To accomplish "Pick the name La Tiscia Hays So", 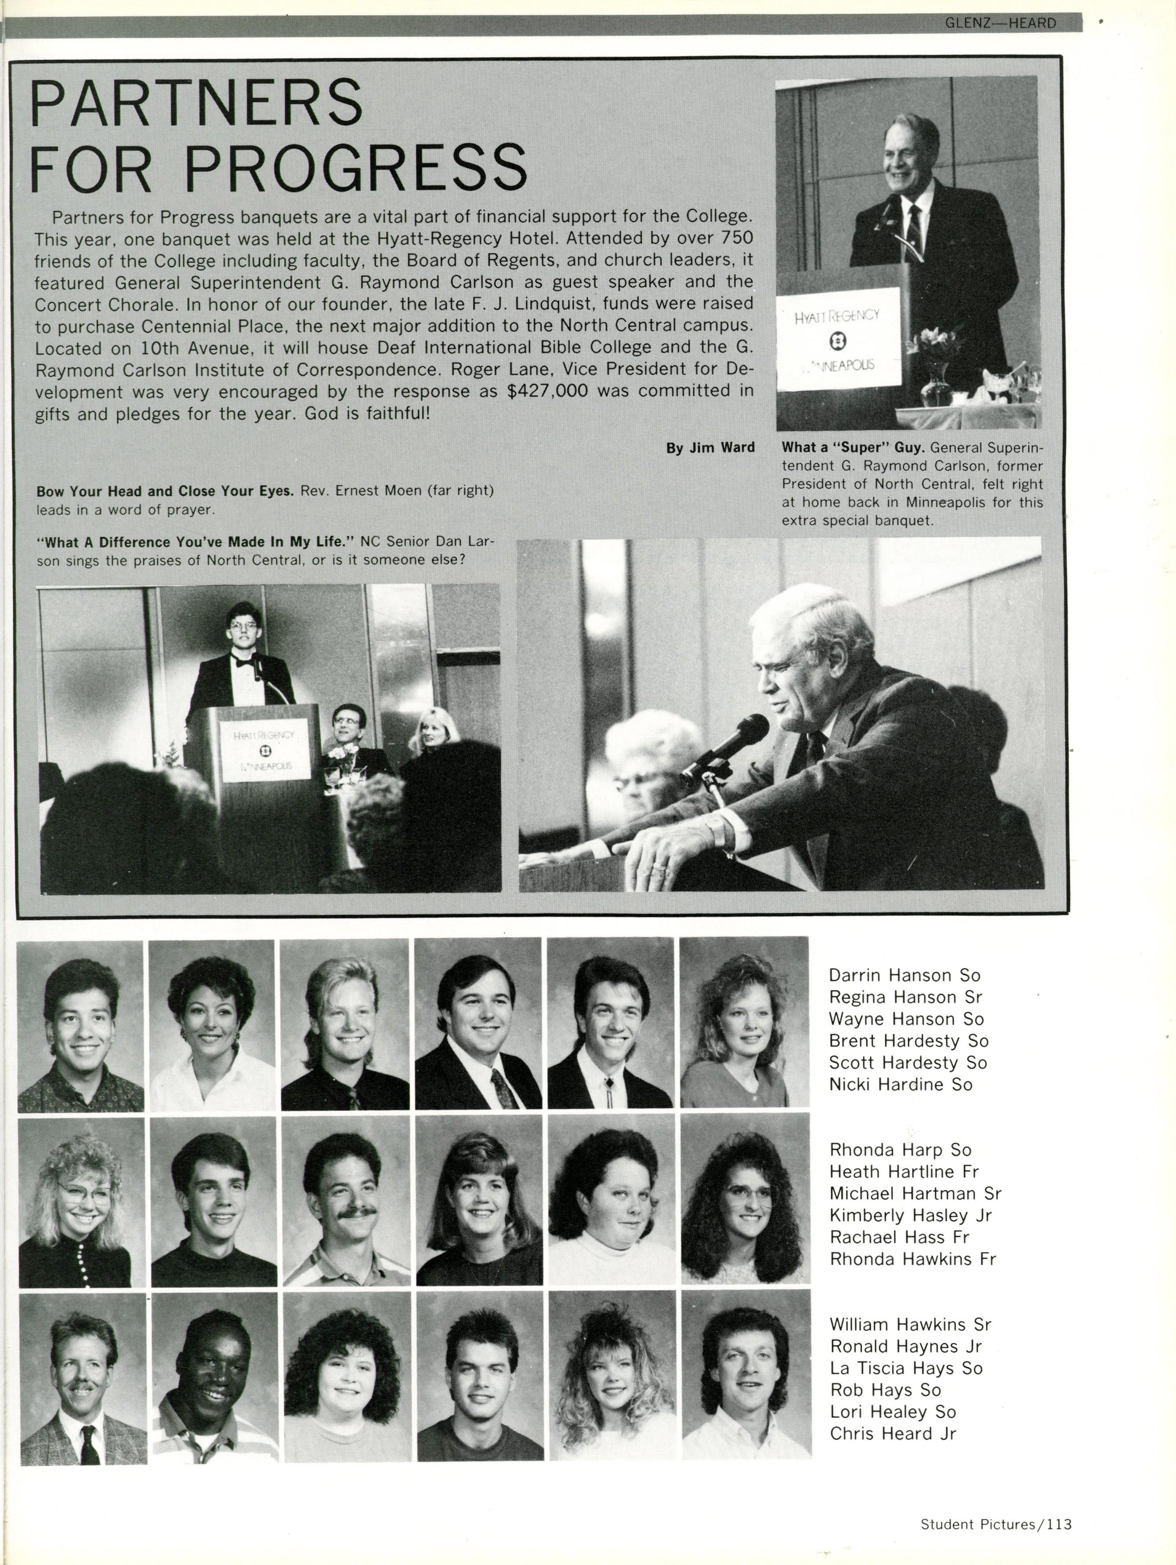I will [x=906, y=1368].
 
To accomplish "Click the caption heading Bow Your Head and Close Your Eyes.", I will [x=165, y=491].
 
